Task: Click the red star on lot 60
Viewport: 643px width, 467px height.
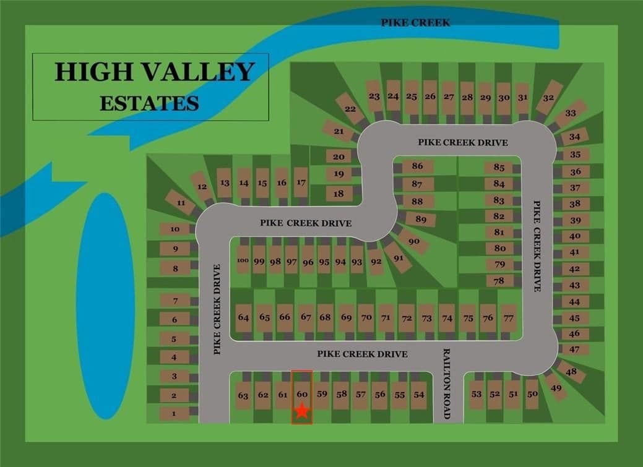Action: (x=301, y=411)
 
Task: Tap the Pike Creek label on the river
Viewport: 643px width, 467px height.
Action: (x=415, y=22)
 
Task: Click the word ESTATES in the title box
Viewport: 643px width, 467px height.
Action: (x=149, y=103)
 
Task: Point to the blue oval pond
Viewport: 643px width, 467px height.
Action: (x=105, y=306)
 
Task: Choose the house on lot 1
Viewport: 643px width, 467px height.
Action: (x=175, y=414)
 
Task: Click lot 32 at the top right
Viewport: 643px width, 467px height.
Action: (x=548, y=98)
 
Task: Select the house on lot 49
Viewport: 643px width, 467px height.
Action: (x=556, y=388)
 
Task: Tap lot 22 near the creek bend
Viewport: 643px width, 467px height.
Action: (x=350, y=109)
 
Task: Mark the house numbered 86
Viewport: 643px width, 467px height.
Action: (x=417, y=166)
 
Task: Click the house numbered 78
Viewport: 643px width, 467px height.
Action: (x=499, y=281)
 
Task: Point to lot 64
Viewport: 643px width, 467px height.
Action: (x=243, y=318)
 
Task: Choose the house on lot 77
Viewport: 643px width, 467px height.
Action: (x=509, y=318)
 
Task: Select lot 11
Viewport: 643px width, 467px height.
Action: (x=181, y=202)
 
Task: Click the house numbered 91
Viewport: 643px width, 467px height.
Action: (x=398, y=257)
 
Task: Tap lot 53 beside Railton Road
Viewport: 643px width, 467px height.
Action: (x=476, y=394)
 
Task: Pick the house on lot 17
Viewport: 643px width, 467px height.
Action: (x=301, y=182)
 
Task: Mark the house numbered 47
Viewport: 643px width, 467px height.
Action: (x=574, y=349)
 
